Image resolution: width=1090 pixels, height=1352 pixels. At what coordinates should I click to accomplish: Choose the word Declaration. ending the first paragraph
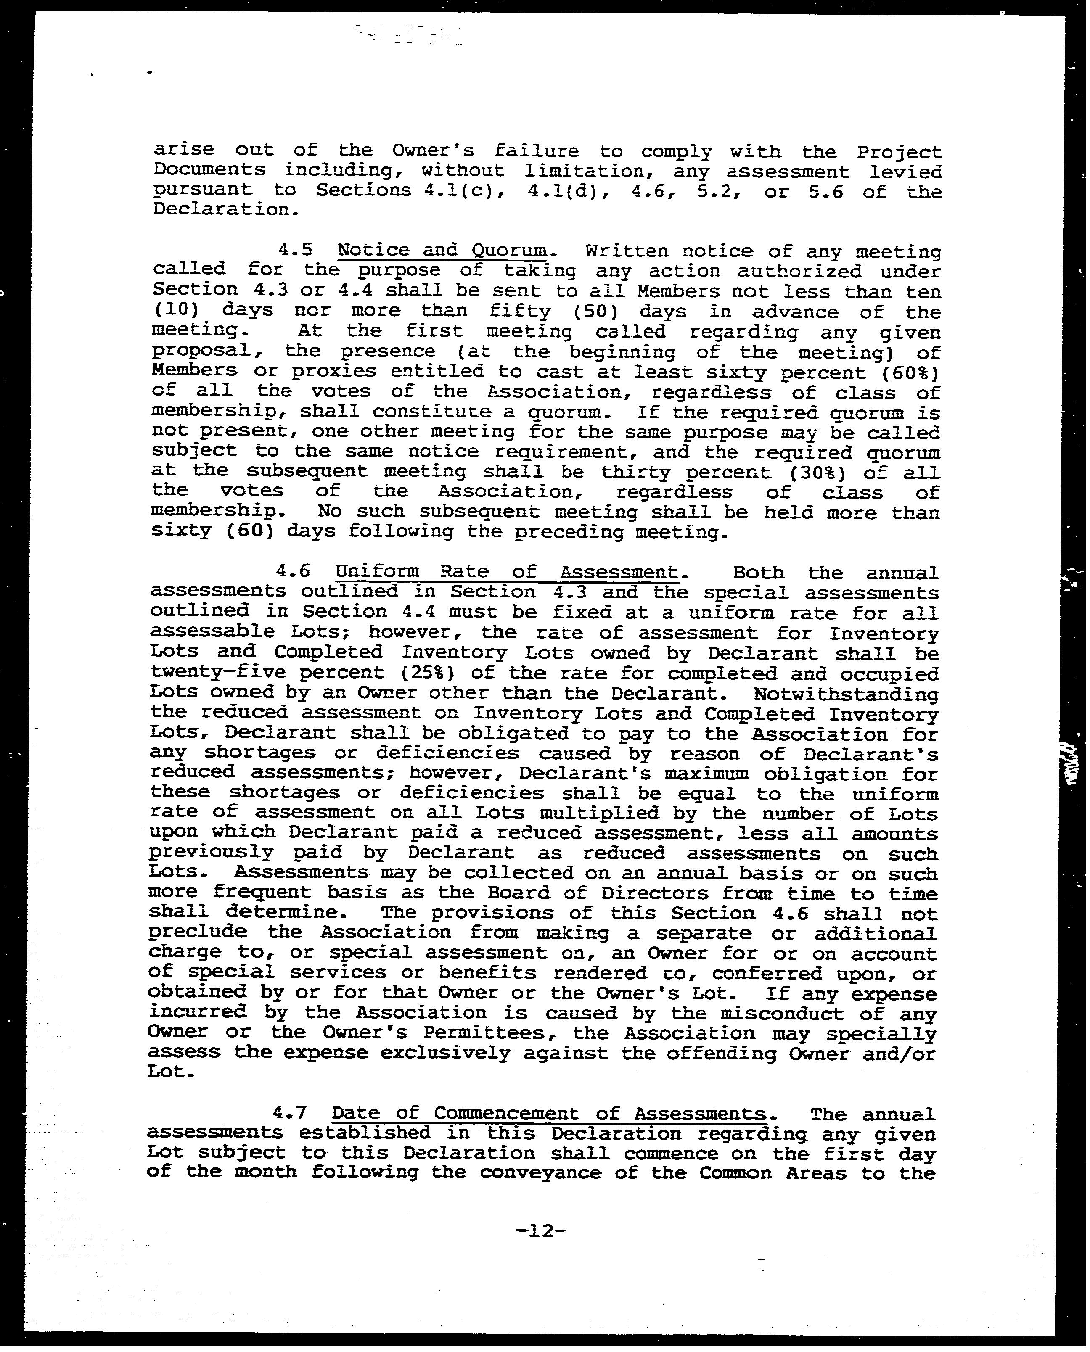tap(223, 210)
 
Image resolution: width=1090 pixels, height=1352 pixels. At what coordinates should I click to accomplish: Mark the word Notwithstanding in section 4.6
tap(845, 694)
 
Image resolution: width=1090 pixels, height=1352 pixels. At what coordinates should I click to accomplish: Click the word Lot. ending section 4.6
tap(169, 1072)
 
